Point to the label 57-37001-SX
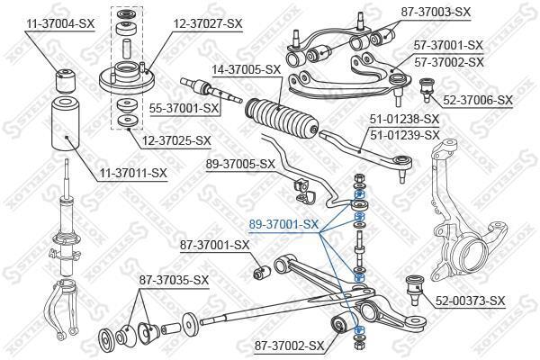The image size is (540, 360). coord(448,44)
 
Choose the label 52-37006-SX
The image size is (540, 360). coord(477,102)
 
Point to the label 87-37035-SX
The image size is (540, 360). coord(174,280)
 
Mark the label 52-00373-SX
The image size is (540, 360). coord(471,301)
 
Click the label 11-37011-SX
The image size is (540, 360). coord(133,172)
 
